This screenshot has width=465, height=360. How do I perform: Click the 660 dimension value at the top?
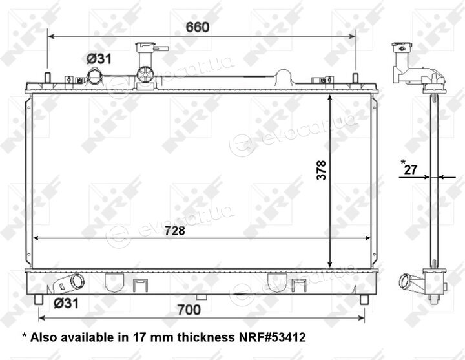197,27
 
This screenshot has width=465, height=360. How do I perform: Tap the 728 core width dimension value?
175,231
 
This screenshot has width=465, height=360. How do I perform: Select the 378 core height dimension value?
321,170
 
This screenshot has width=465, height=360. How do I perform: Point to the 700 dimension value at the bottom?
189,310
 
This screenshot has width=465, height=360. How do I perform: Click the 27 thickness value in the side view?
411,170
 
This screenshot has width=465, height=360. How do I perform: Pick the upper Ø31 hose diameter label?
99,59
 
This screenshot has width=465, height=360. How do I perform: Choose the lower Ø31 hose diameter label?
66,303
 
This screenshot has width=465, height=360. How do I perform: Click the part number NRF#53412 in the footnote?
273,337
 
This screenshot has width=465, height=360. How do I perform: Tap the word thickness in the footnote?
205,337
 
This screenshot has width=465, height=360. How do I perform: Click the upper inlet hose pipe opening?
95,76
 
